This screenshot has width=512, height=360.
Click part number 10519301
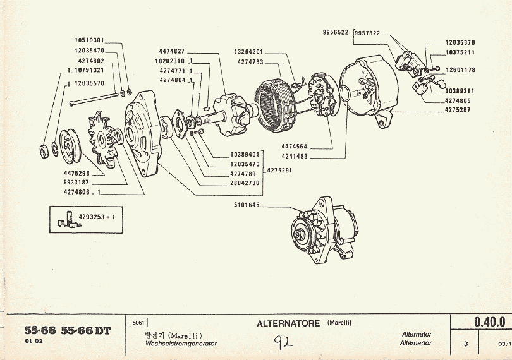pyautogui.click(x=89, y=40)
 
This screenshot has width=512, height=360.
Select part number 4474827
pyautogui.click(x=172, y=51)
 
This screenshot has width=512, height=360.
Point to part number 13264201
pyautogui.click(x=248, y=52)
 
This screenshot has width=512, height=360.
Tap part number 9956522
pyautogui.click(x=336, y=33)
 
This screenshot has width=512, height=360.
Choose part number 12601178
pyautogui.click(x=460, y=70)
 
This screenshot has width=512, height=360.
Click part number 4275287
pyautogui.click(x=458, y=110)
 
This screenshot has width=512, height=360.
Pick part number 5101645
pyautogui.click(x=247, y=204)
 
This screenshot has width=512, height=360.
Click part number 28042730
pyautogui.click(x=245, y=183)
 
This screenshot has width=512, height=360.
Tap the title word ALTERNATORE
pyautogui.click(x=290, y=324)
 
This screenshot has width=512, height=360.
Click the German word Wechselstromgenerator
pyautogui.click(x=181, y=344)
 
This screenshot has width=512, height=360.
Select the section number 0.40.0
pyautogui.click(x=489, y=322)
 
